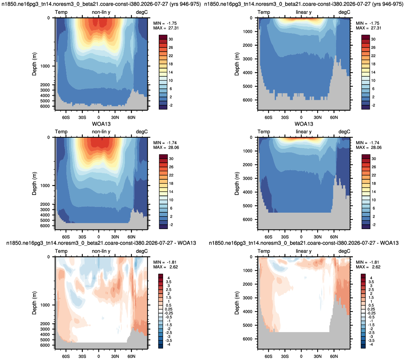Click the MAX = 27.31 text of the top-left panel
pos(166,28)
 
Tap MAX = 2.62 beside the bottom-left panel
pos(165,267)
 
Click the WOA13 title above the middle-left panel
pos(101,124)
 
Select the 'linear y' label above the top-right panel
pos(304,12)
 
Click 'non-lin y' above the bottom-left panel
pos(101,251)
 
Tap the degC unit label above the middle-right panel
pos(344,132)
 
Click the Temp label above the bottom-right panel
pos(264,251)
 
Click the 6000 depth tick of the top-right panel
pos(247,100)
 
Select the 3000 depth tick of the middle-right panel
pos(247,178)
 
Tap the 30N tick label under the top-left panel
pos(115,117)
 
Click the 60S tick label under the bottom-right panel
pos(268,356)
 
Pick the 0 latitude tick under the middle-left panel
pos(98,237)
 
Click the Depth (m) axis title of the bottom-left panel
pos(34,303)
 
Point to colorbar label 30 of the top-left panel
pos(171,39)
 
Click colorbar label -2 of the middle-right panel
pos(374,225)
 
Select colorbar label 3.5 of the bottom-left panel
pos(169,282)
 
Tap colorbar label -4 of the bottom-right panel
pos(371,344)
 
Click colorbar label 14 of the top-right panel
pos(373,72)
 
